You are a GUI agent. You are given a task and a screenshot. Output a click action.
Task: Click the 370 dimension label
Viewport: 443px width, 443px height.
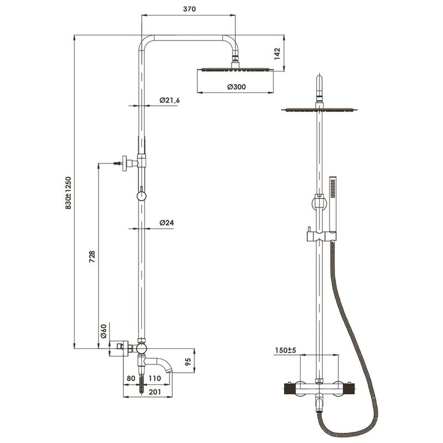click(189, 9)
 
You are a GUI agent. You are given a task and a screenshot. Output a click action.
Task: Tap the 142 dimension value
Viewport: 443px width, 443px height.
click(277, 54)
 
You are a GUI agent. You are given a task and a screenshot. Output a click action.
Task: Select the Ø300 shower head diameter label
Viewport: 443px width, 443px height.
click(236, 87)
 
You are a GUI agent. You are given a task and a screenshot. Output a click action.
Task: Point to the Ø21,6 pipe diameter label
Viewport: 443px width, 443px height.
click(169, 100)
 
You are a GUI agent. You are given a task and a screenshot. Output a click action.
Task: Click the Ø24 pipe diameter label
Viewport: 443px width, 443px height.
click(167, 223)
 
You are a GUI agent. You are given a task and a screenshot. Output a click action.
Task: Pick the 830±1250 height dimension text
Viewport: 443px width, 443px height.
click(68, 193)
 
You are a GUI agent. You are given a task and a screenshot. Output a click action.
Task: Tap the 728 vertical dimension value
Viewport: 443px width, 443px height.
click(92, 257)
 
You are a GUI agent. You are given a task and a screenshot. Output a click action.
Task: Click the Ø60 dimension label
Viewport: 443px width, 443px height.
click(104, 331)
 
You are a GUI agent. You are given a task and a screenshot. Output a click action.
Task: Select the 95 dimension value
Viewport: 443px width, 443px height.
click(188, 362)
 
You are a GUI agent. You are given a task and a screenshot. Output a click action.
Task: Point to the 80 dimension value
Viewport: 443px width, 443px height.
click(131, 378)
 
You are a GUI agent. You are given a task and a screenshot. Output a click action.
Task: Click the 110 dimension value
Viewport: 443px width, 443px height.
click(154, 378)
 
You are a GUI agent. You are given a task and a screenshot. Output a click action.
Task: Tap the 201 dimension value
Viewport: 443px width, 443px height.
click(155, 392)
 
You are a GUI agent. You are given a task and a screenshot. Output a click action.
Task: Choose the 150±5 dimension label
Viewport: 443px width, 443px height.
click(285, 351)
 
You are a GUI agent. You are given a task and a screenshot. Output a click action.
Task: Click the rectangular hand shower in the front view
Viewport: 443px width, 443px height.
click(333, 208)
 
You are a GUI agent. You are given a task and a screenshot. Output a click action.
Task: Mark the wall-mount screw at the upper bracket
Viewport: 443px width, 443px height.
click(117, 163)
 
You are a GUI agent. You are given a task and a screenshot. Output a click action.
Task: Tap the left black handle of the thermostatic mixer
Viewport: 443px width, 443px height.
click(289, 389)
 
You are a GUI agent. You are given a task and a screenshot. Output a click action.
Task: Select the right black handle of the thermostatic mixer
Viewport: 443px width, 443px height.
click(350, 389)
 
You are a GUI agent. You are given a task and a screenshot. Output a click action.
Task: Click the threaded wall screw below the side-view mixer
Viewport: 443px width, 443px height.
click(141, 384)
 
